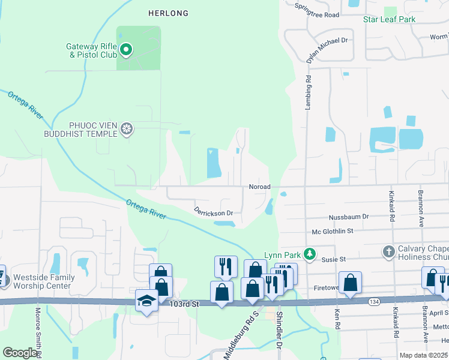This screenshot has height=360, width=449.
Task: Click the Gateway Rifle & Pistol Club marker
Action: [x=126, y=50]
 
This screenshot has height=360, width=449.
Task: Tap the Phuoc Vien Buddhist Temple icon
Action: [x=126, y=128]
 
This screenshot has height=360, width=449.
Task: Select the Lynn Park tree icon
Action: [x=310, y=254]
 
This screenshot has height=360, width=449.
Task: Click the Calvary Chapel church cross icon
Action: [x=388, y=251]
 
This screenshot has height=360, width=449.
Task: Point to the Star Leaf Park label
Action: [x=389, y=19]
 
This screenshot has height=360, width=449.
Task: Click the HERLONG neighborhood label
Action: [x=168, y=13]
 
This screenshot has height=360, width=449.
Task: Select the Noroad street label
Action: [x=260, y=187]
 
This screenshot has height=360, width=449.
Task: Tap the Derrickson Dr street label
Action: [x=213, y=211]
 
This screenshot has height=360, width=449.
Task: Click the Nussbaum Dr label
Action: [x=349, y=217]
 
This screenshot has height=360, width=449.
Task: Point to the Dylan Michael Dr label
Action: [x=327, y=49]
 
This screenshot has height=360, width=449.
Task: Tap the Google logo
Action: [x=20, y=353]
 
